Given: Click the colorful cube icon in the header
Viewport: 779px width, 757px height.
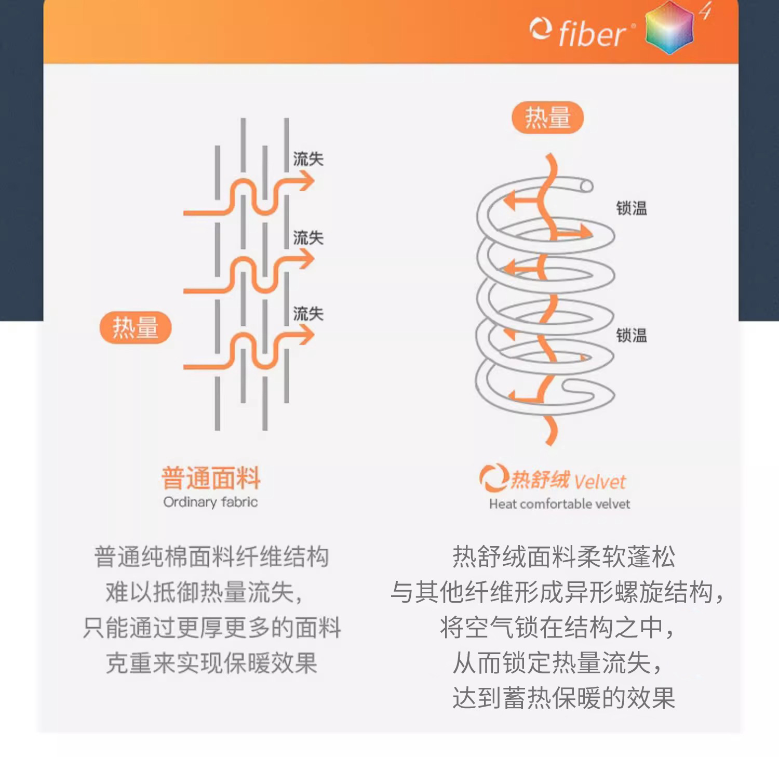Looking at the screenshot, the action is (x=670, y=27).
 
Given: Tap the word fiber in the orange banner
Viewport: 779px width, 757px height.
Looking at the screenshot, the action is (x=592, y=34).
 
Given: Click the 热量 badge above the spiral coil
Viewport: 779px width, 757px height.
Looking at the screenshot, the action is (x=547, y=117).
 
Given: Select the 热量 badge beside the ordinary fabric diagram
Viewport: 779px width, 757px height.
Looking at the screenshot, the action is (x=135, y=327).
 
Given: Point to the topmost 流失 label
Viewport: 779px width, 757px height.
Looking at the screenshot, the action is (x=308, y=159).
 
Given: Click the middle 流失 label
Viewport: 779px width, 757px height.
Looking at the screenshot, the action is (x=308, y=238).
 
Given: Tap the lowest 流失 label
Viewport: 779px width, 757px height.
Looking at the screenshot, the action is (x=308, y=314).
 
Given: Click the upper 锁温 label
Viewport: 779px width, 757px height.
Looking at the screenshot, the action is (x=632, y=208).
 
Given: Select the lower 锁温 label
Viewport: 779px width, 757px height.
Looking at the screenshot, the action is (x=632, y=336).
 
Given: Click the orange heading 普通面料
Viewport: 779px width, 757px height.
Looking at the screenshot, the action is (x=210, y=478).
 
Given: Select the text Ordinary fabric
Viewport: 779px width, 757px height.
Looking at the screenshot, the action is (x=210, y=502).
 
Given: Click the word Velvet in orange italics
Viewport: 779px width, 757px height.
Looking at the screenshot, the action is (x=600, y=482).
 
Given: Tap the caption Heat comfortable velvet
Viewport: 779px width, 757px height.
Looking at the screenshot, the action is (x=559, y=504).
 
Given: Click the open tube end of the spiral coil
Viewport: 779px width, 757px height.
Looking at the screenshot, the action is (x=586, y=186).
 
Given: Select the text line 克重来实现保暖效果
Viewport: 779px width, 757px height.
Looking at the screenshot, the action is (x=211, y=663).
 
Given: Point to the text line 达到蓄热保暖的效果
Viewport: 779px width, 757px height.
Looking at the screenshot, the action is (x=563, y=698).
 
